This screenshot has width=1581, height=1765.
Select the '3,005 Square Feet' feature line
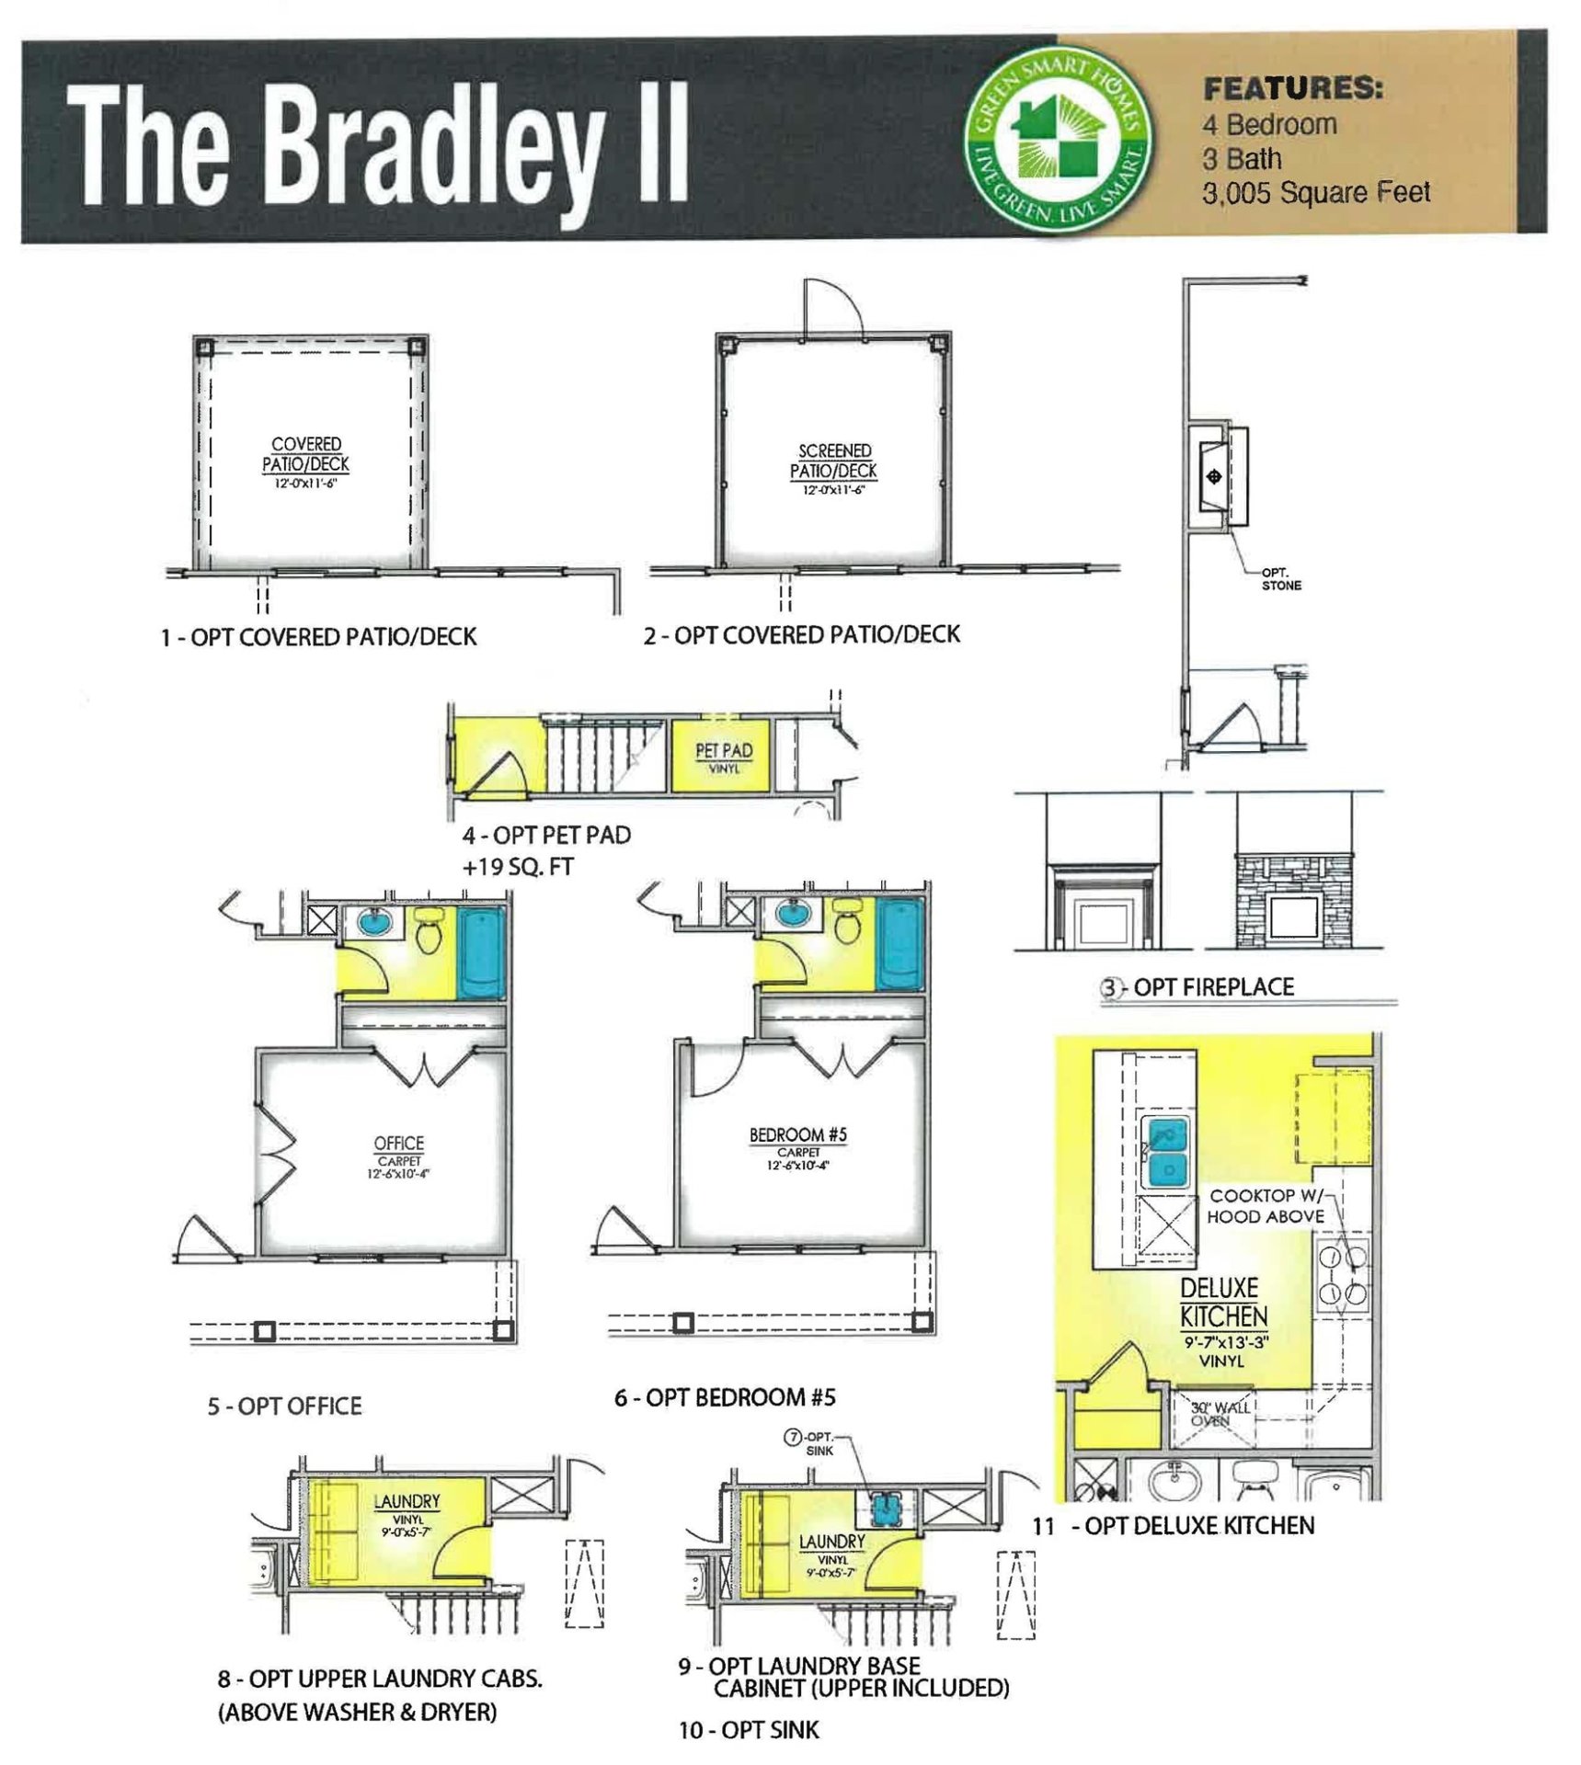pos(1315,193)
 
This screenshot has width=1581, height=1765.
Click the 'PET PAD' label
pos(724,751)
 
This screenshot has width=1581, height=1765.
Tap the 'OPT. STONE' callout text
pos(1281,579)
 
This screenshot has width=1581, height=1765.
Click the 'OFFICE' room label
pos(398,1144)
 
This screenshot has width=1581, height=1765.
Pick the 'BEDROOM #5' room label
pos(797,1135)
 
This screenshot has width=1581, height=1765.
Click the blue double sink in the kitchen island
pos(1164,1153)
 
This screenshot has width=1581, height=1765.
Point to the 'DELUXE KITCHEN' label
pos(1222,1302)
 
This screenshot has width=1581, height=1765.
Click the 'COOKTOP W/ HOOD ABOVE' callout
pos(1266,1206)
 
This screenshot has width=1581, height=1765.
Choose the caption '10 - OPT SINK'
pos(748,1730)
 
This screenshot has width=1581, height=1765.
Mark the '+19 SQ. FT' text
pos(518,867)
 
